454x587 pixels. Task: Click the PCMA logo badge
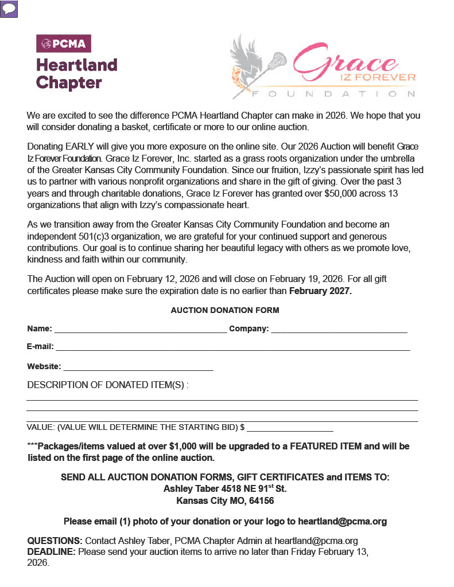[x=64, y=44]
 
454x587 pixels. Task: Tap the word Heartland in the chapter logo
[x=76, y=65]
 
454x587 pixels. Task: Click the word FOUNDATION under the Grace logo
[x=333, y=93]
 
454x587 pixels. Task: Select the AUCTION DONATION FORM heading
[x=225, y=310]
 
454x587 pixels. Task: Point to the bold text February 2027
[x=320, y=291]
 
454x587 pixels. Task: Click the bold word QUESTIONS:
[x=55, y=541]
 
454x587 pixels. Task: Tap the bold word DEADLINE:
[x=52, y=551]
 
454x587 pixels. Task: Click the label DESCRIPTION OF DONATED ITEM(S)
[x=107, y=385]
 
